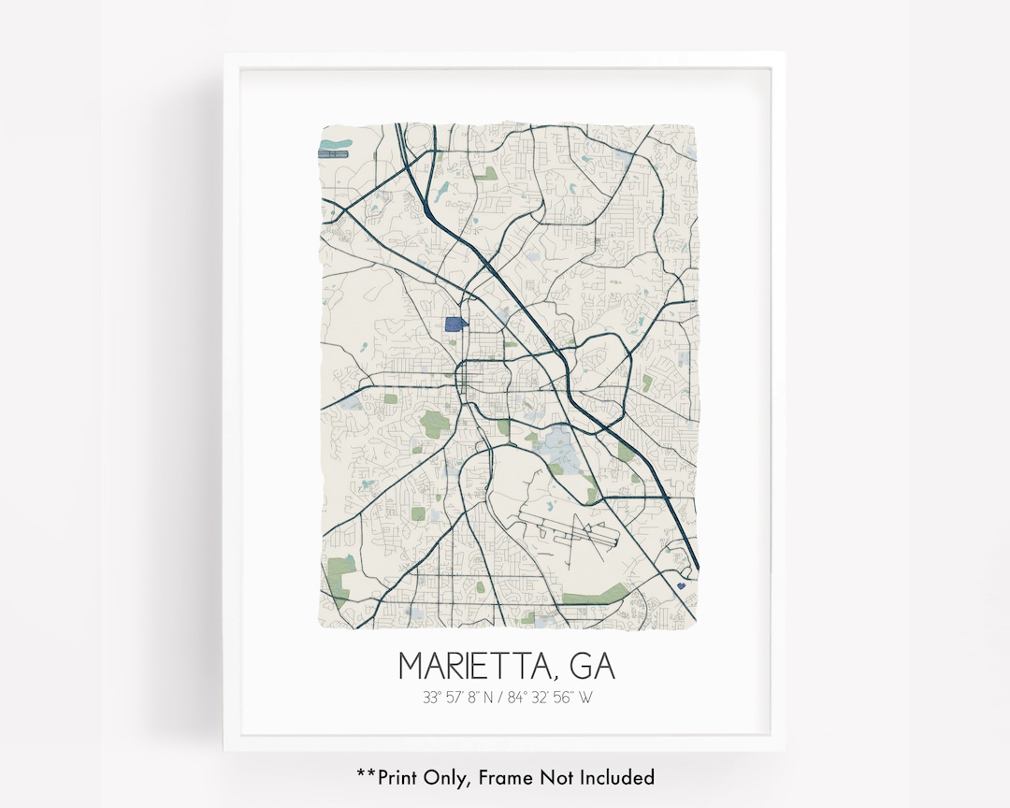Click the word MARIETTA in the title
(x=475, y=666)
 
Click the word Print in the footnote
(x=401, y=777)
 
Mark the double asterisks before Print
(x=366, y=774)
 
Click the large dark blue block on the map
(x=455, y=325)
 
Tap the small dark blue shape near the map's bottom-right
(x=680, y=585)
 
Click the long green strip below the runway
(x=594, y=594)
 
